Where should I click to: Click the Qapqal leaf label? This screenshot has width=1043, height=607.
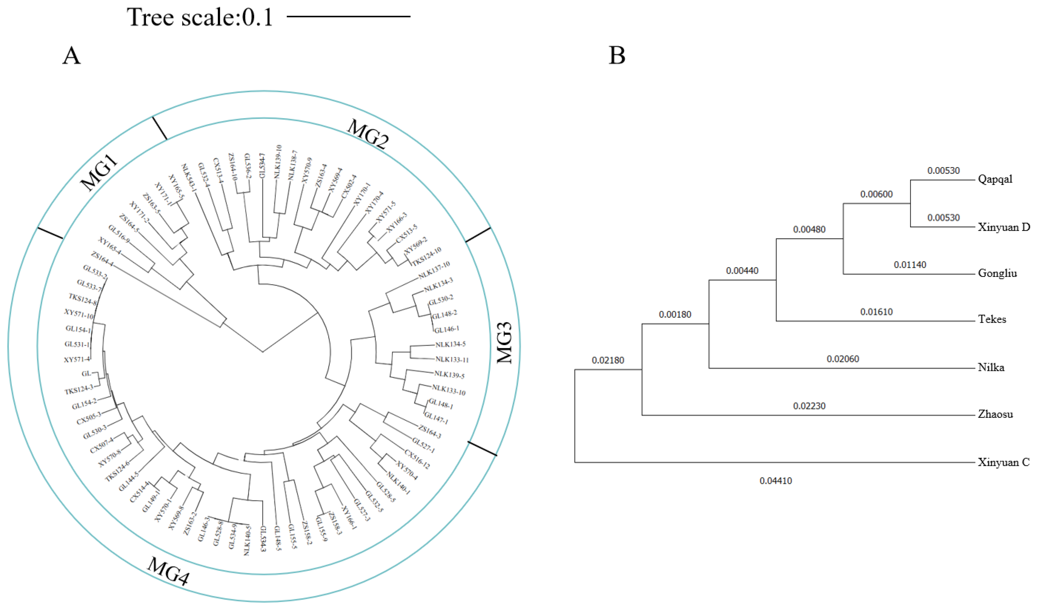click(x=995, y=179)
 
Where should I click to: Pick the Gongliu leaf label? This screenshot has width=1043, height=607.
click(x=997, y=273)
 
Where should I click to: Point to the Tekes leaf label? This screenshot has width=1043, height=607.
click(x=992, y=319)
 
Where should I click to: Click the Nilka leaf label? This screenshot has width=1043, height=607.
click(x=991, y=367)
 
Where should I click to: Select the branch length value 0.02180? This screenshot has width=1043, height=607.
click(x=608, y=360)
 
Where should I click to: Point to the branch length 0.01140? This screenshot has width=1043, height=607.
click(x=910, y=265)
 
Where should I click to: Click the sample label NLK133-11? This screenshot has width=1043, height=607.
click(x=452, y=359)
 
